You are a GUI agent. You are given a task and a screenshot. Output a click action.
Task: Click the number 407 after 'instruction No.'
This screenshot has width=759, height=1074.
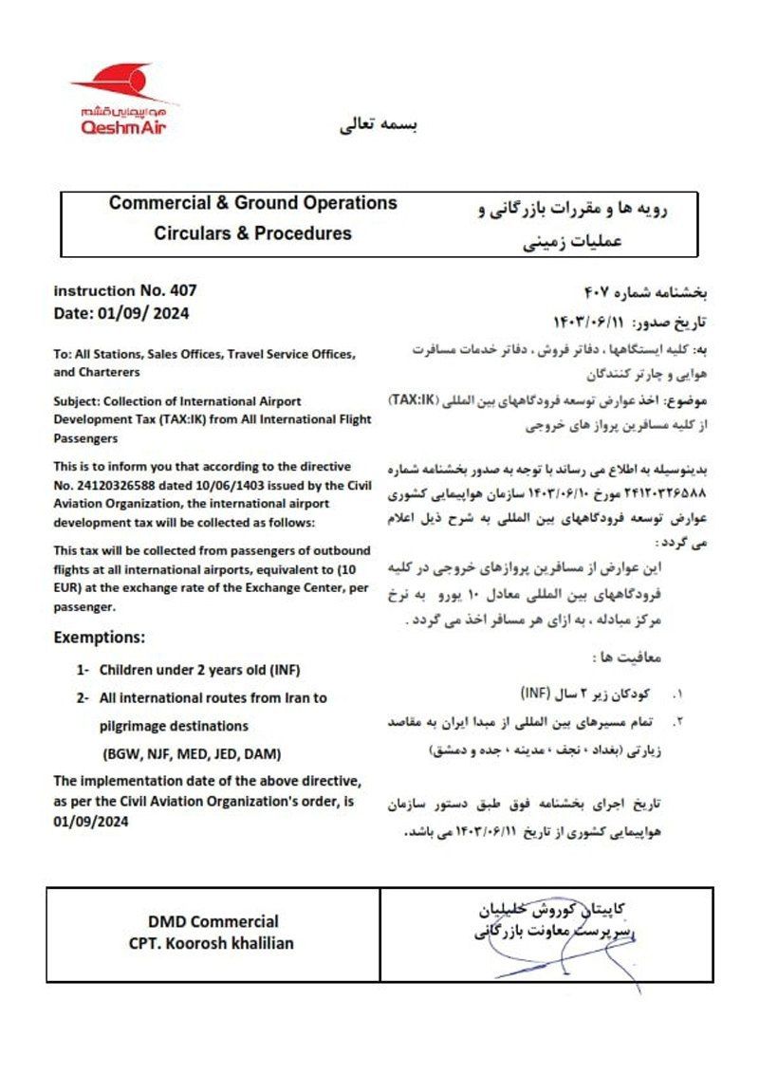click(181, 291)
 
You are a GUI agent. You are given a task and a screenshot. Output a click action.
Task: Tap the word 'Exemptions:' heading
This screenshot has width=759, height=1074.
click(100, 636)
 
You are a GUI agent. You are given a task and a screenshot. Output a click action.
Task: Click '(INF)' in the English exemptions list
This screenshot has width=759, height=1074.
click(283, 670)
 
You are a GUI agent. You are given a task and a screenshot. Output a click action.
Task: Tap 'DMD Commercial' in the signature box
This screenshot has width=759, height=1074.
click(213, 921)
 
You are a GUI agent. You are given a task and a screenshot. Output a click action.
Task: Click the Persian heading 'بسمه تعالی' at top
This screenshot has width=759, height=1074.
click(379, 125)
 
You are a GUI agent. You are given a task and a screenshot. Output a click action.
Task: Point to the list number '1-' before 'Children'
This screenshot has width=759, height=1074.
click(83, 670)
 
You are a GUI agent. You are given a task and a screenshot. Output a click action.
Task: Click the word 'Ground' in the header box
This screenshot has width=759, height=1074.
click(263, 204)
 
